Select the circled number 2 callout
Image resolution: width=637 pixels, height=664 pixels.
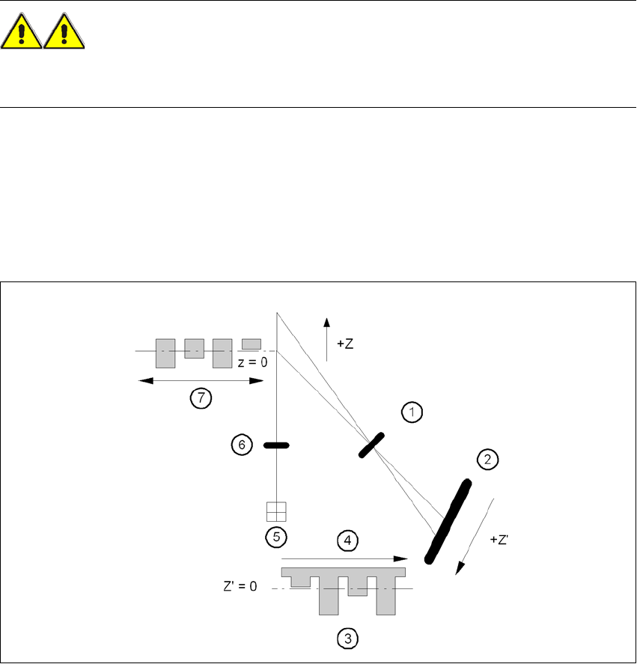tap(487, 460)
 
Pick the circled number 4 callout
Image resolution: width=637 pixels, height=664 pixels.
tap(347, 539)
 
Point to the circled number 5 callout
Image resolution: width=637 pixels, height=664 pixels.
tap(277, 536)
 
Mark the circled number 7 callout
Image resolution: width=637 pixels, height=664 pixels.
tap(200, 398)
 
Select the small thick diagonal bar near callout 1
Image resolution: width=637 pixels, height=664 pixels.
tap(372, 444)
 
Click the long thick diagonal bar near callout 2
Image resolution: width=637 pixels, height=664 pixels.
tap(448, 521)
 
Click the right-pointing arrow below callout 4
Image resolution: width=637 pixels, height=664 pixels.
tap(344, 558)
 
